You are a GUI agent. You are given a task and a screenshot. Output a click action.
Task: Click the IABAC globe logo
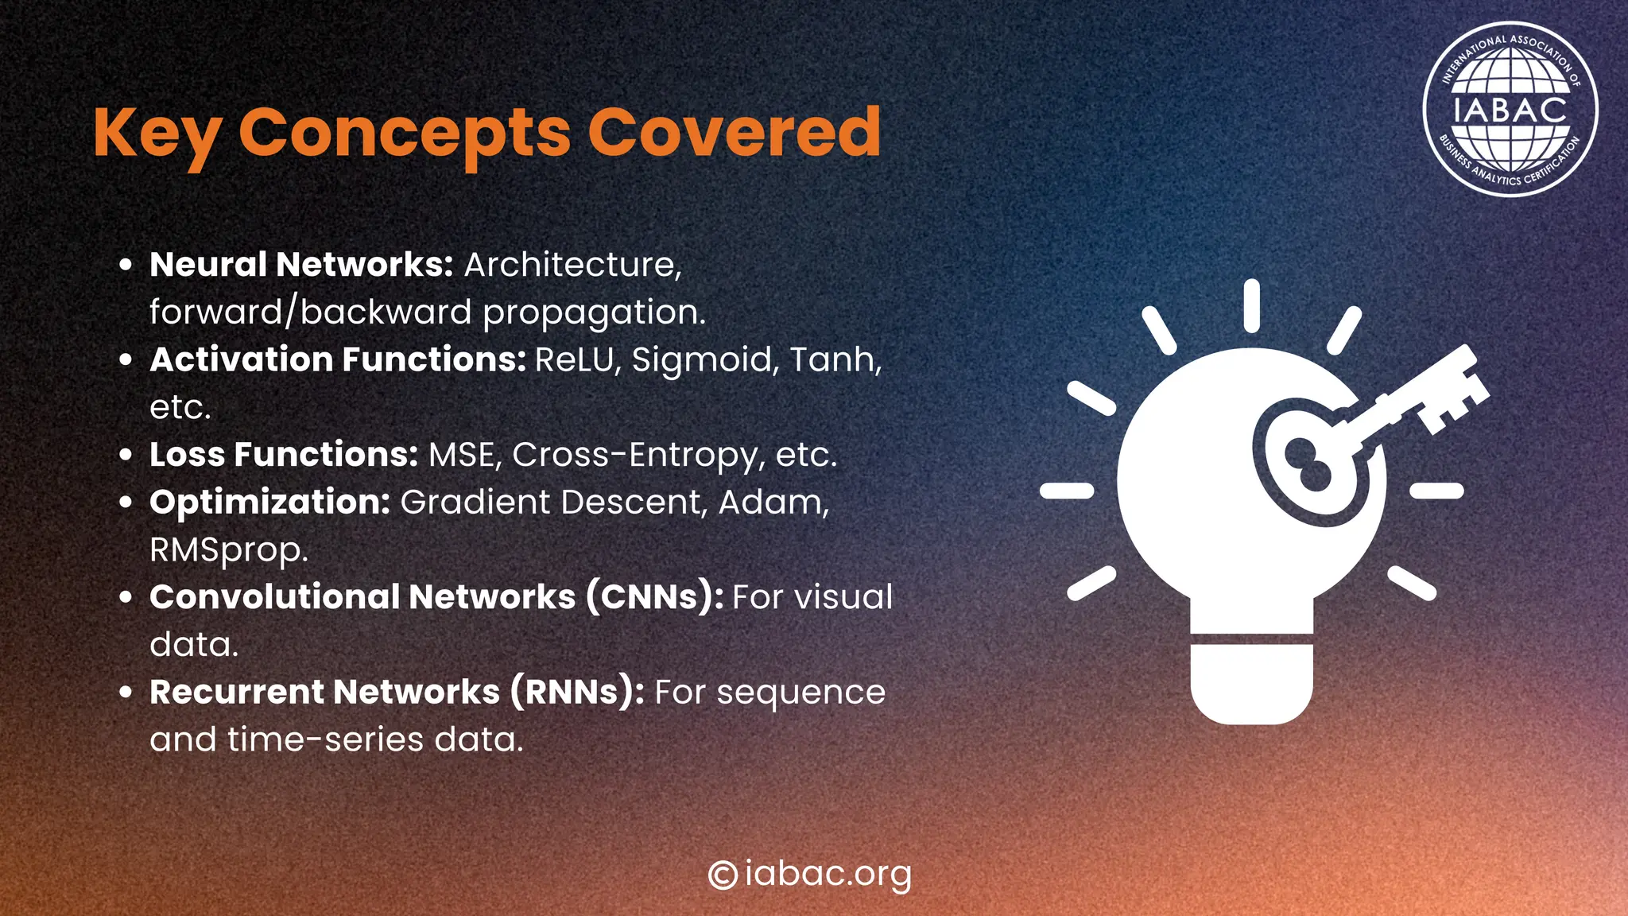click(x=1510, y=109)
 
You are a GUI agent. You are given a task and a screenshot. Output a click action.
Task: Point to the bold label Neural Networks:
click(x=301, y=264)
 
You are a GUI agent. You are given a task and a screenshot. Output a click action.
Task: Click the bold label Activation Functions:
click(x=338, y=359)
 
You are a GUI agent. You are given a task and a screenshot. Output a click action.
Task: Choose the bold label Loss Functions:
click(x=284, y=455)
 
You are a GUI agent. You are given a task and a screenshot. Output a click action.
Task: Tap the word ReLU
click(x=576, y=359)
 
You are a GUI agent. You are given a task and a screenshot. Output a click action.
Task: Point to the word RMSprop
click(x=228, y=550)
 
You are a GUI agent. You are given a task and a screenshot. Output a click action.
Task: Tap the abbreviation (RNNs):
click(x=577, y=692)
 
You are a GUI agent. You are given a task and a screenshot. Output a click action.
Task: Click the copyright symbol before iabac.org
click(x=723, y=875)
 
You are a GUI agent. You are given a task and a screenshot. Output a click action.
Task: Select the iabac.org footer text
click(x=828, y=875)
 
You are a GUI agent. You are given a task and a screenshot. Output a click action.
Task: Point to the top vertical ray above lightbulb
click(x=1251, y=305)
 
